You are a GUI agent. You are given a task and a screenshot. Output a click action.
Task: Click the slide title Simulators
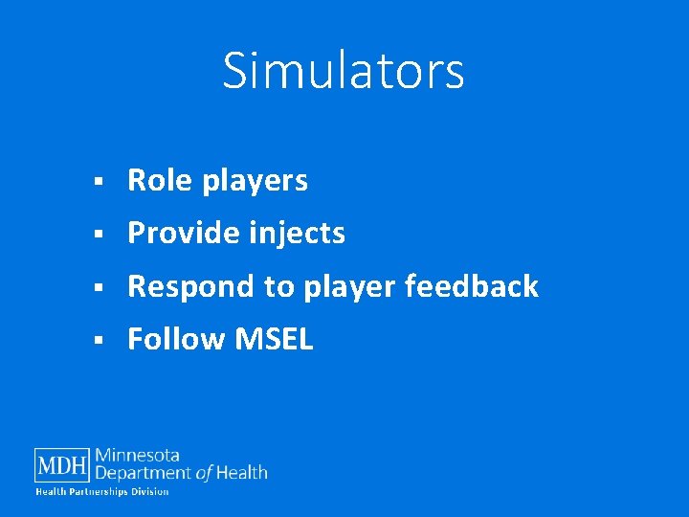tap(344, 70)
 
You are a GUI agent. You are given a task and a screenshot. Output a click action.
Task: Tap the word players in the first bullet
tap(255, 182)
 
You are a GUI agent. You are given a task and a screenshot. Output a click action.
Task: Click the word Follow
tap(168, 339)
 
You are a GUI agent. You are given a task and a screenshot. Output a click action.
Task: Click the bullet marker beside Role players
tap(99, 181)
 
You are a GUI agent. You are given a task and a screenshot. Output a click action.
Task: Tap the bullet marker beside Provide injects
tap(99, 234)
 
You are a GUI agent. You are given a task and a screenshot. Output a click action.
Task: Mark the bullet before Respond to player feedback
tap(99, 286)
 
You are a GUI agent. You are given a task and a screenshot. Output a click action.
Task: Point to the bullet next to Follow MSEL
tap(99, 340)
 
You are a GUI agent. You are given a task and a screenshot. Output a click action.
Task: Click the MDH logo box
tap(63, 465)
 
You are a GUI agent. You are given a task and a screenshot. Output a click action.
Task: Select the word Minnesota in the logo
tap(138, 456)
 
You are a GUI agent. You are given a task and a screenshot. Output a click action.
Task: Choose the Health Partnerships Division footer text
tap(102, 492)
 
